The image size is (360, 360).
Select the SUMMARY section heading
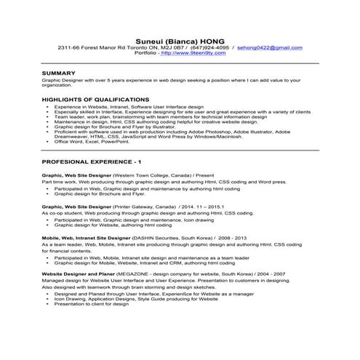pyautogui.click(x=58, y=74)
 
